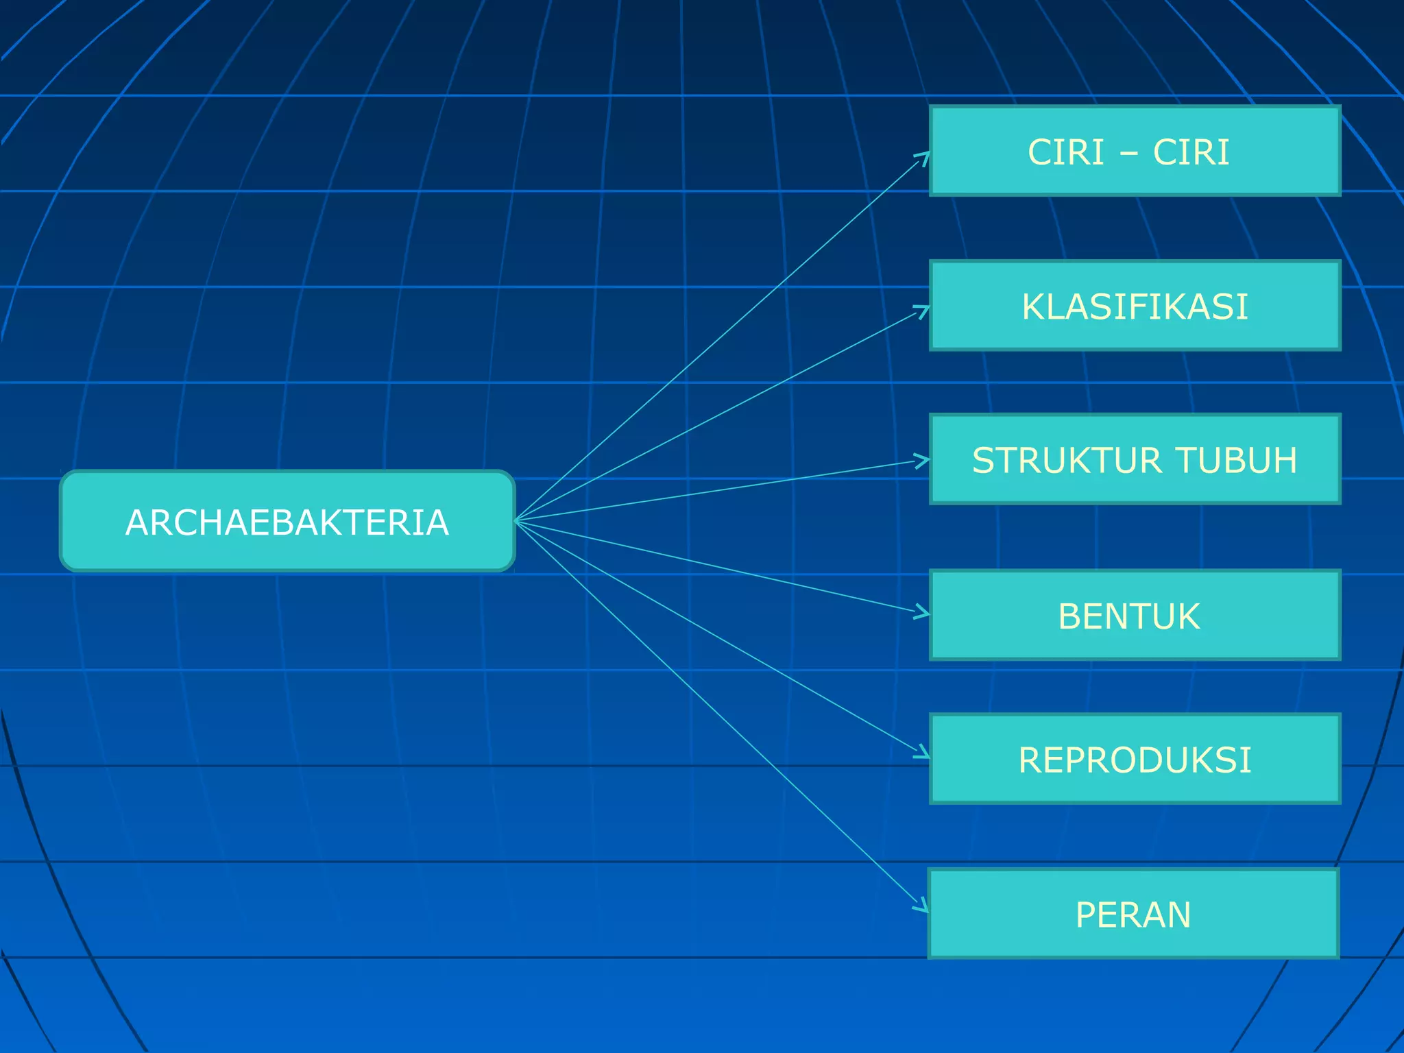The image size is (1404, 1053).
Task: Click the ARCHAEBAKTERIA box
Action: (x=287, y=521)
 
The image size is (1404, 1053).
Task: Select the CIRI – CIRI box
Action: (x=1135, y=151)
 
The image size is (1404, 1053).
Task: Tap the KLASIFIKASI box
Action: (x=1135, y=306)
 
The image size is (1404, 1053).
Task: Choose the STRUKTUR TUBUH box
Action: (x=1135, y=459)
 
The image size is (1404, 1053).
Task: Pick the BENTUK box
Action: (x=1135, y=615)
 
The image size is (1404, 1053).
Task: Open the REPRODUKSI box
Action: (x=1135, y=759)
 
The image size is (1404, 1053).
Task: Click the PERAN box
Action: (x=1133, y=914)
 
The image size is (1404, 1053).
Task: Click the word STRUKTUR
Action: (x=1066, y=460)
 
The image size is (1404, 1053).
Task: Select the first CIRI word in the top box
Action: (x=1065, y=152)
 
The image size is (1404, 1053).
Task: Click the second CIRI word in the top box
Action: (x=1191, y=152)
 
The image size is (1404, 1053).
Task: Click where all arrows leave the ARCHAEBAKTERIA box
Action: (x=516, y=521)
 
